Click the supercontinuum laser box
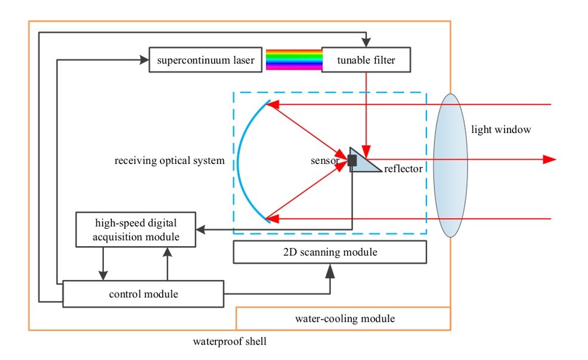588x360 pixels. (x=206, y=60)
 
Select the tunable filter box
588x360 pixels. (x=366, y=60)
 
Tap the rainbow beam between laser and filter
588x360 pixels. (x=294, y=60)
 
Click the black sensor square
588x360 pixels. (x=352, y=160)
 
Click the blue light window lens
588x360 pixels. (x=450, y=165)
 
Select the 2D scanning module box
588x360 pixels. (x=330, y=252)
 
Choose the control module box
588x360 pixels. (x=143, y=294)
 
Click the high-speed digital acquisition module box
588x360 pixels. (x=136, y=229)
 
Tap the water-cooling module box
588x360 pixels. (x=343, y=318)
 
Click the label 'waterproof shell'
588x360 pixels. (x=230, y=342)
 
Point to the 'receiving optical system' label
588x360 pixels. (x=169, y=161)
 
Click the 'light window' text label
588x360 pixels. (x=501, y=129)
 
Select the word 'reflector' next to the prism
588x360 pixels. (x=403, y=169)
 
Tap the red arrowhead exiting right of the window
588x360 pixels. (x=549, y=159)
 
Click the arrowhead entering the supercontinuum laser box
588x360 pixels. (x=144, y=60)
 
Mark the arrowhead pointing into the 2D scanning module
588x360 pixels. (x=330, y=271)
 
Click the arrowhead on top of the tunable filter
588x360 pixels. (x=366, y=42)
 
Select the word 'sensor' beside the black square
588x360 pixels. (x=325, y=161)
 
